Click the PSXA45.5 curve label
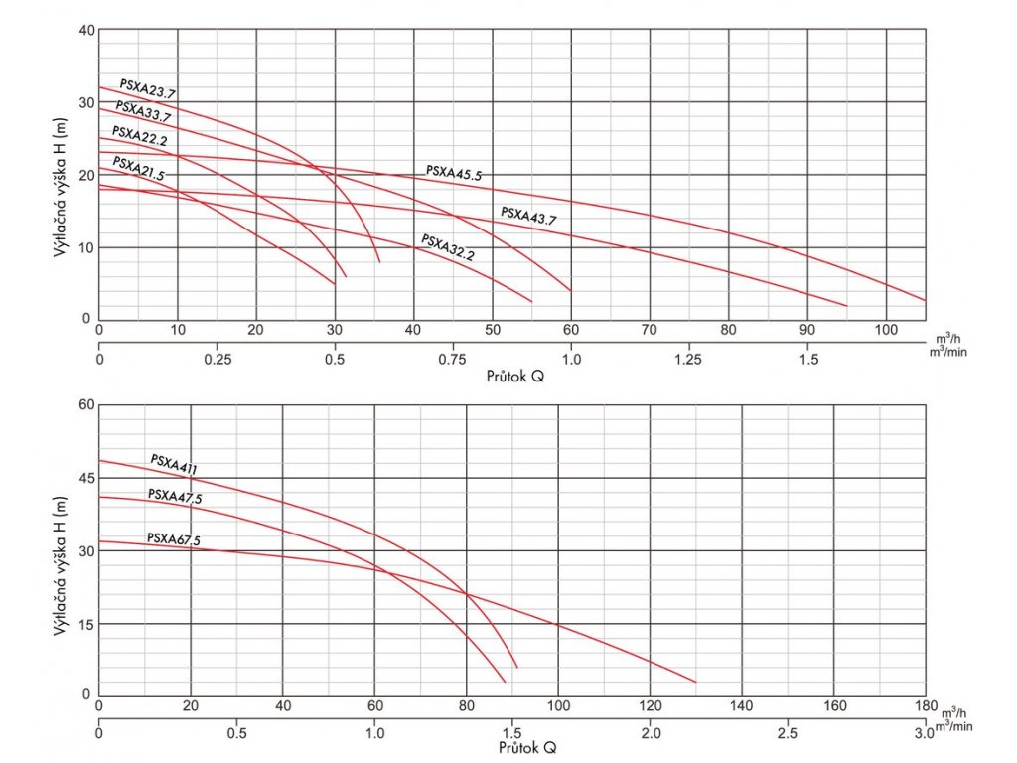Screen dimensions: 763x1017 454,173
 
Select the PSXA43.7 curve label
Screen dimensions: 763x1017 527,215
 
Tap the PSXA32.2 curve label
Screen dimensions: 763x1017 448,247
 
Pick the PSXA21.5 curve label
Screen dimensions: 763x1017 138,169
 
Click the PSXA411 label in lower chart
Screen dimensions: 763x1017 180,465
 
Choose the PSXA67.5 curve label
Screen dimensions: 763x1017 174,539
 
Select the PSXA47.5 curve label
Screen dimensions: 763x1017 175,497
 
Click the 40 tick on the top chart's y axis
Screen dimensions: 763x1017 85,30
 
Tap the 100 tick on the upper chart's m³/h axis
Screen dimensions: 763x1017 886,330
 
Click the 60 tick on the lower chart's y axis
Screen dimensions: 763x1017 85,404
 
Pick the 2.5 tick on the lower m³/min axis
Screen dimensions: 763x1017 787,733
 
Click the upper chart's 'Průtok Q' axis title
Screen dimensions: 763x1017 515,378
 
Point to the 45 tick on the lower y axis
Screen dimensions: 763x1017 85,478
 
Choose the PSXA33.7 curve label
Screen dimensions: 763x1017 143,111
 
